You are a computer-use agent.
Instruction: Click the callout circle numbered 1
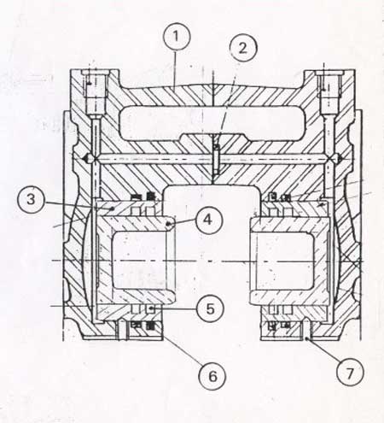coord(177,37)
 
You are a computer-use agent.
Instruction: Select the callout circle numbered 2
coord(242,48)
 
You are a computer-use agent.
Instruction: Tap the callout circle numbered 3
coord(32,199)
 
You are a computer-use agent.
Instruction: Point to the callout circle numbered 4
coord(208,220)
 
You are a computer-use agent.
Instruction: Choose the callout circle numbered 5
coord(210,308)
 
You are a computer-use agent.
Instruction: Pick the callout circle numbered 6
coord(212,376)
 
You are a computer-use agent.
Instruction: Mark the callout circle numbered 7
coord(350,373)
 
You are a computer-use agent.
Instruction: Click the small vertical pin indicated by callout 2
coord(217,159)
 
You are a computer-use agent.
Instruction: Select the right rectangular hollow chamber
coord(285,261)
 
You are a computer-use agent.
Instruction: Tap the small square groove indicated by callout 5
coord(150,309)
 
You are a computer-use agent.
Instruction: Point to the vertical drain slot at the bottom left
coord(122,330)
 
